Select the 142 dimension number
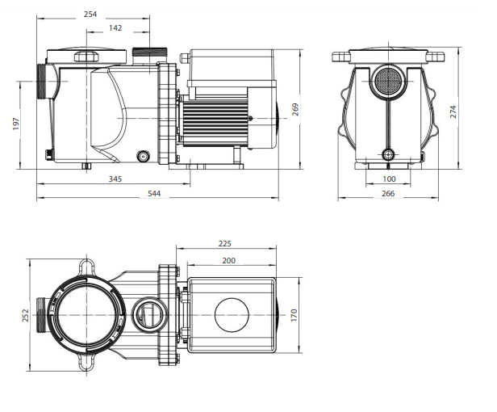pos(115,28)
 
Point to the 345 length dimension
pos(115,179)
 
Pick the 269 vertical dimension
pos(295,111)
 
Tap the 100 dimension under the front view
pos(389,179)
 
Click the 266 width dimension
pos(388,194)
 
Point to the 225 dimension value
pos(225,243)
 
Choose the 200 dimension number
pos(228,261)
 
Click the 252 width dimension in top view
pos(25,315)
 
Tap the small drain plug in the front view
pos(389,153)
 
